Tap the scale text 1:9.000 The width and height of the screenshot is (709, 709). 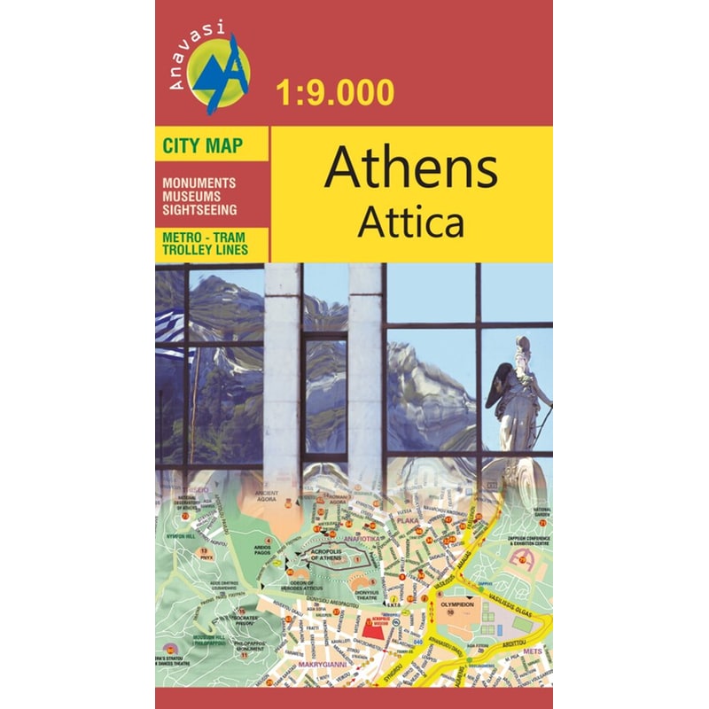tap(336, 92)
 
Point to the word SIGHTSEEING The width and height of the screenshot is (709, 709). tap(199, 210)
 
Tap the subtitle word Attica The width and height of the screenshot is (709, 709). tap(410, 223)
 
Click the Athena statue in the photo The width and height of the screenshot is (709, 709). tap(519, 390)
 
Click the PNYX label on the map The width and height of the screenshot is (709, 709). tap(205, 559)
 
